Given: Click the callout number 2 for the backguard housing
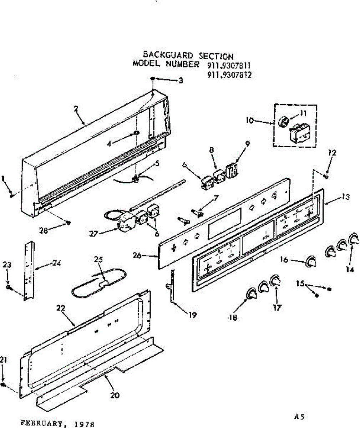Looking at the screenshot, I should pos(76,109).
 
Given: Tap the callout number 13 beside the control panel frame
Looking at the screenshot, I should pos(345,197).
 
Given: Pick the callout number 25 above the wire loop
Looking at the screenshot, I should pos(98,260).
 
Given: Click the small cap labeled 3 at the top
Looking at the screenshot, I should pos(152,78).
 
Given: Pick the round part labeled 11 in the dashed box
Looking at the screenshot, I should pos(284,122).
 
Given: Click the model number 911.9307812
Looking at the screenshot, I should pos(229,75).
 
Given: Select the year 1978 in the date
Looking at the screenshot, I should pos(85,424).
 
